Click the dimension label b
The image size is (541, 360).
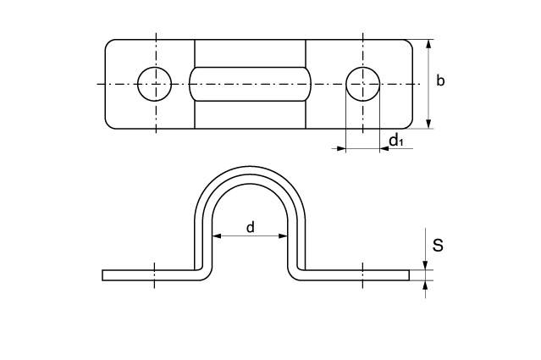pos(440,80)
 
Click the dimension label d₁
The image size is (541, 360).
pos(395,141)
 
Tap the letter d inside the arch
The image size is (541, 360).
pos(251,227)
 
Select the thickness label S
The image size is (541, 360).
pos(438,246)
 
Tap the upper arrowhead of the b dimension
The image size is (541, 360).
pos(428,45)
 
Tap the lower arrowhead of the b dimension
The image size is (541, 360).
pos(428,124)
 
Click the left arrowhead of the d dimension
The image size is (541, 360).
pos(217,236)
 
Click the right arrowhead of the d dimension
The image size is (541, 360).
pos(283,236)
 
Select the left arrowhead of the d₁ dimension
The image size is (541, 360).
pos(341,149)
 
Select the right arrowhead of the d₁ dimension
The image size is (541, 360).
pos(384,149)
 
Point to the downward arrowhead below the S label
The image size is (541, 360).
pos(425,265)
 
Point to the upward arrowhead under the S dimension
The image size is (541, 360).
pos(425,285)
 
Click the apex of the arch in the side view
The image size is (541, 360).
pos(250,166)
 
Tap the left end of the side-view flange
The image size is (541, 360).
pos(102,275)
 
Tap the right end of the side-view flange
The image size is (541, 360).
pos(409,275)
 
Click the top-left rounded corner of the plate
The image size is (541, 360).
pos(108,42)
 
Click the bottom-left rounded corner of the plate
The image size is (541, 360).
pos(108,126)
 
